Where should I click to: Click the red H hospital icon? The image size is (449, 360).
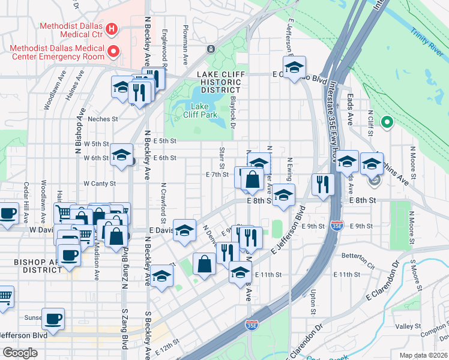110,28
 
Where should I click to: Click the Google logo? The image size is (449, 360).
20,352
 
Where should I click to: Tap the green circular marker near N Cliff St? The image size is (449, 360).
387,124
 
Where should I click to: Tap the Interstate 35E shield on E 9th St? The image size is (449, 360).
337,226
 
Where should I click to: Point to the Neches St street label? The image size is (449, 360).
103,119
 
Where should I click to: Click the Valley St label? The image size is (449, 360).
408,326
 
